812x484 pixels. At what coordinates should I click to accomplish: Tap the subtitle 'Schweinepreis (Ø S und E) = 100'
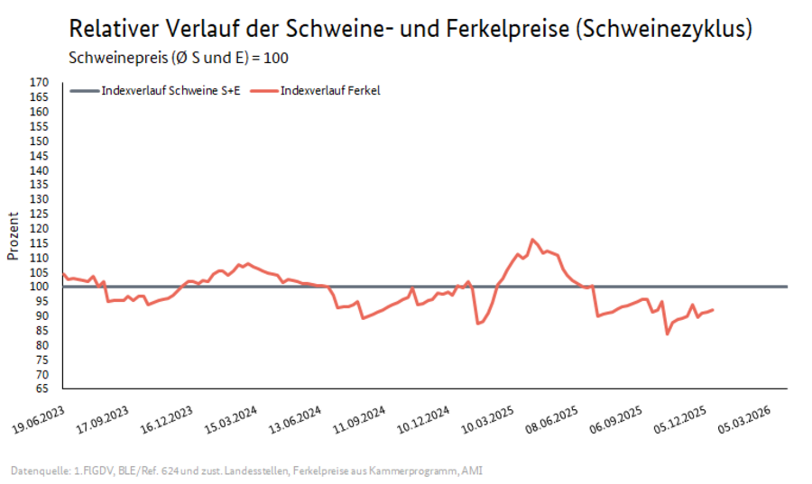click(180, 58)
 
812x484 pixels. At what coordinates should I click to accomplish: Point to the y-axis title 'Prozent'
click(13, 236)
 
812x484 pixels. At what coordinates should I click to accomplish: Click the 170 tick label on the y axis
click(39, 82)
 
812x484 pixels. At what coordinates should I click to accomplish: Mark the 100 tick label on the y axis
click(39, 287)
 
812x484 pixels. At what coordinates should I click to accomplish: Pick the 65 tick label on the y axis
click(41, 388)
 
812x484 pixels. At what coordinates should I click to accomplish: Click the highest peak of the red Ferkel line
click(532, 240)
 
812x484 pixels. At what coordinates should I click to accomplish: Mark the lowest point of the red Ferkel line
click(668, 334)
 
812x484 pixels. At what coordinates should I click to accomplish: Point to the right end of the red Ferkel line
click(714, 310)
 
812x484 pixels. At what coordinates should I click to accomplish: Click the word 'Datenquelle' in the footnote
click(38, 470)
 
